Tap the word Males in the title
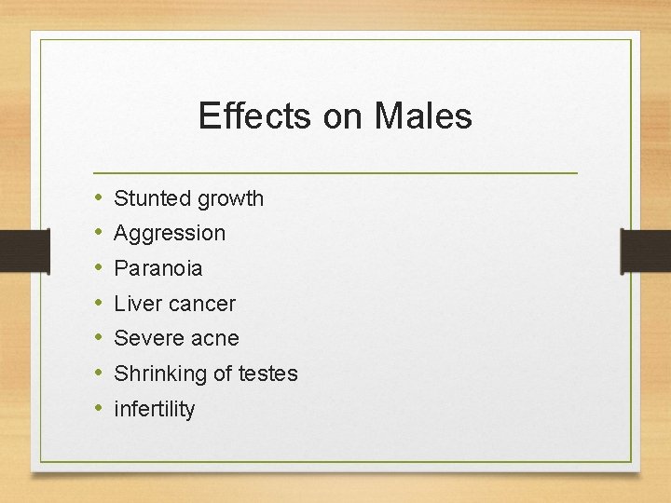[423, 116]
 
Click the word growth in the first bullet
[230, 198]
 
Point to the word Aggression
[170, 233]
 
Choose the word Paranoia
[157, 268]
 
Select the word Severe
[146, 338]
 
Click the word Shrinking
[157, 374]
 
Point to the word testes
[268, 374]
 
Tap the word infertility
[155, 409]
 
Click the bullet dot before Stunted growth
[98, 198]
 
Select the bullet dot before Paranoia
[98, 268]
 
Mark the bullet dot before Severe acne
[98, 338]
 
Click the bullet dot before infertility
[98, 409]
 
